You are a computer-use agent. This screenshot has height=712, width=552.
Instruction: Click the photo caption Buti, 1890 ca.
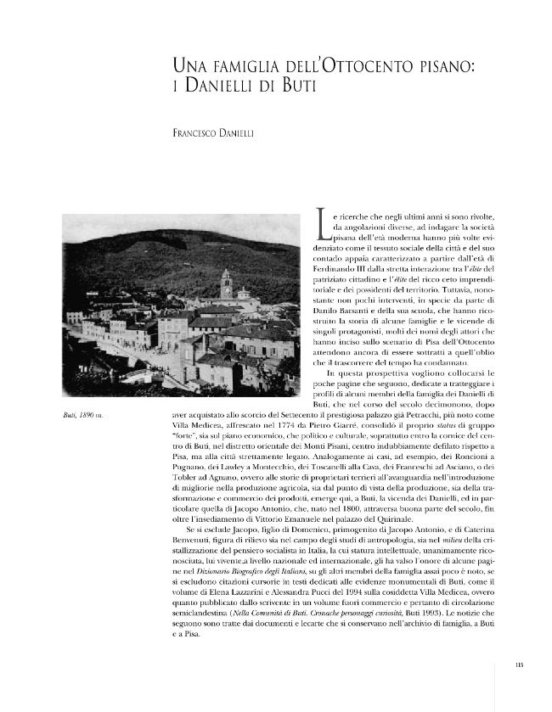pos(89,415)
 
